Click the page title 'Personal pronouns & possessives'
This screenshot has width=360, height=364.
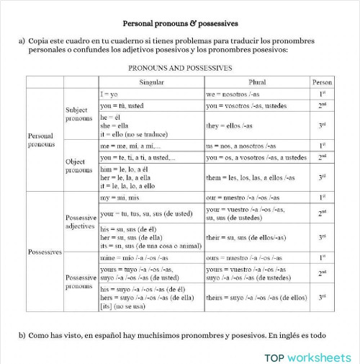pos(181,23)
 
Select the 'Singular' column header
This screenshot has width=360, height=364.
pos(150,82)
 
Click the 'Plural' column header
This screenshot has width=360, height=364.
pos(256,82)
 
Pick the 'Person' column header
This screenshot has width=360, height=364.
pos(323,82)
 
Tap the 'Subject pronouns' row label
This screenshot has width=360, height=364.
pos(78,114)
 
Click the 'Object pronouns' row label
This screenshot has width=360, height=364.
pos(78,167)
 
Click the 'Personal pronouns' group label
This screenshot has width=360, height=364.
pos(40,140)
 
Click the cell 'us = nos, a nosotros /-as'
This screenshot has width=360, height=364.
pos(240,146)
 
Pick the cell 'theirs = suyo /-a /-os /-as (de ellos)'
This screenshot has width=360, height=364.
pos(256,296)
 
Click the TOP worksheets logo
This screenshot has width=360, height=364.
pos(307,355)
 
